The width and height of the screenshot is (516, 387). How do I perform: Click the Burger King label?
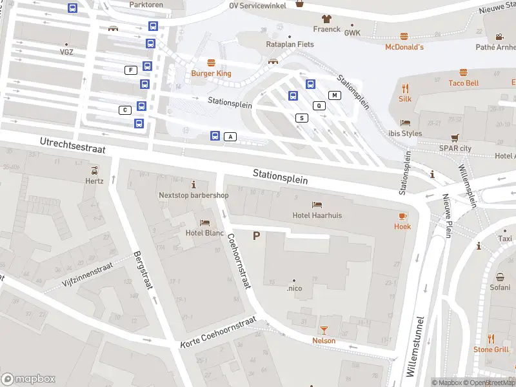pos(211,74)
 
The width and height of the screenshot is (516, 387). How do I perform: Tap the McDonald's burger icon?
pos(404,36)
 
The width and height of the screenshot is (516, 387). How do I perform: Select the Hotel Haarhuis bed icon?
pos(317,204)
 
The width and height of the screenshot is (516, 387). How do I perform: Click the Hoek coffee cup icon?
pos(402,215)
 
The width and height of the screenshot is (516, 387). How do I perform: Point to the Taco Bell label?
pos(463,83)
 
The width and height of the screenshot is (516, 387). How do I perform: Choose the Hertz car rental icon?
pos(95,170)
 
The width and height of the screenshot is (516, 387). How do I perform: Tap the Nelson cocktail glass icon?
pos(324,330)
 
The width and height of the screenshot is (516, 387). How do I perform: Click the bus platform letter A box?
pos(231,137)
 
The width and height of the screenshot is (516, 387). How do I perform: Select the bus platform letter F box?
pos(131,70)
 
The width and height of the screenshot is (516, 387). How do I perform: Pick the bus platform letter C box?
pos(124,110)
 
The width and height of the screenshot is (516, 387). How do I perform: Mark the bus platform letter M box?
pos(334,95)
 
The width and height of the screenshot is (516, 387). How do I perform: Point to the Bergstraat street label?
pos(143,270)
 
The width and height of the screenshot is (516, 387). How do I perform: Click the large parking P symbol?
pos(256,236)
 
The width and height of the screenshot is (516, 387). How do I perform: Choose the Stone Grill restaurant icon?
pos(491,338)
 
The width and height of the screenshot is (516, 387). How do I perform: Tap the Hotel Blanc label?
pos(204,233)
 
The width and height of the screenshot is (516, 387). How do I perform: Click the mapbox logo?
pos(28,379)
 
